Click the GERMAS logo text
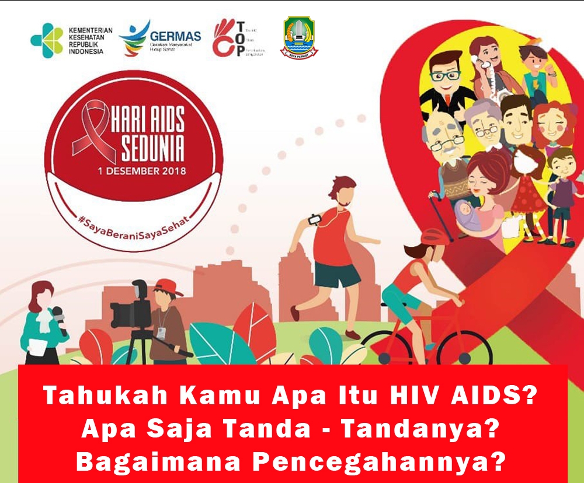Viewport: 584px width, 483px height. [175, 36]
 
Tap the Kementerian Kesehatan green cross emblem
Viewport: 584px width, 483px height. [47, 40]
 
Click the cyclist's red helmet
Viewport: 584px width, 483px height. [433, 236]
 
